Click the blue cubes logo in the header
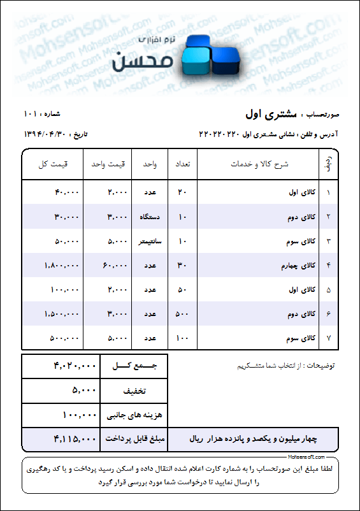(x=210, y=55)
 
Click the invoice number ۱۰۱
(x=31, y=114)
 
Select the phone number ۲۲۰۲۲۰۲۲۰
(x=219, y=134)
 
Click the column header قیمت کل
(x=52, y=164)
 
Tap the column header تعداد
(x=182, y=164)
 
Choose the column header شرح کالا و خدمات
(x=259, y=164)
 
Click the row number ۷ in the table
(x=328, y=338)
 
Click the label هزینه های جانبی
(x=134, y=415)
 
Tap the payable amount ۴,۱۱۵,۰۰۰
(x=75, y=439)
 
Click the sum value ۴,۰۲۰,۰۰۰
(x=75, y=366)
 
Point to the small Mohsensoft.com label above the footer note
(x=306, y=457)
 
